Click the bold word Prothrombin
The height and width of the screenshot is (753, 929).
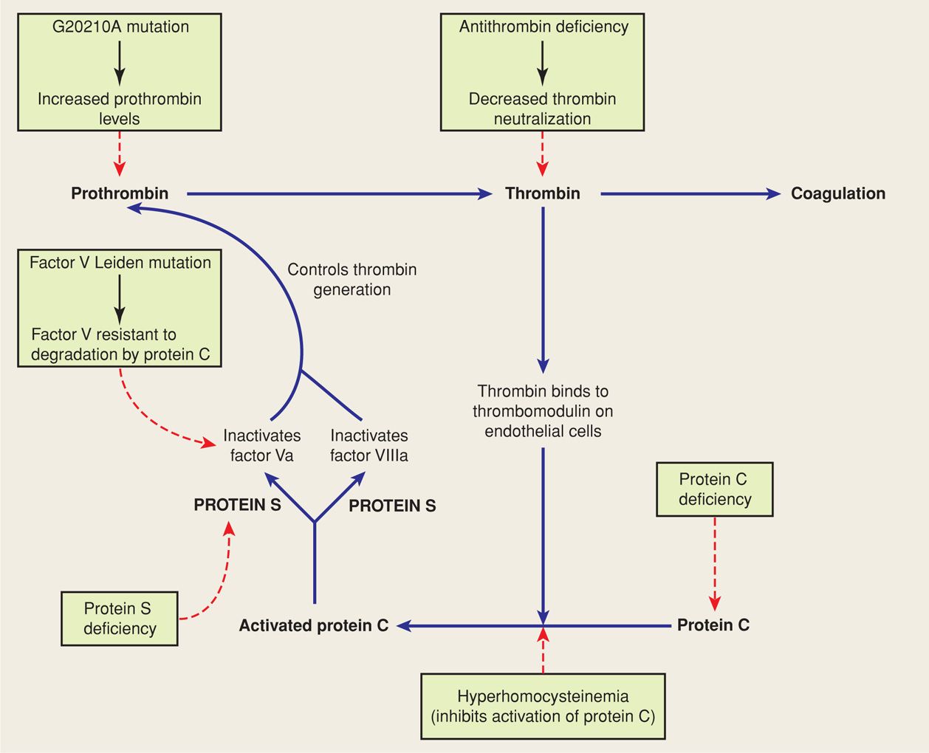(120, 193)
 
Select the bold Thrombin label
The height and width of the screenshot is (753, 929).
(542, 193)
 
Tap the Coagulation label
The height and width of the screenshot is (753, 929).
(837, 193)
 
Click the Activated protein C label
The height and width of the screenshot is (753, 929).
(313, 625)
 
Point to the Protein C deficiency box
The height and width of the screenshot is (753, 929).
(714, 489)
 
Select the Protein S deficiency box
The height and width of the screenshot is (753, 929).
(120, 619)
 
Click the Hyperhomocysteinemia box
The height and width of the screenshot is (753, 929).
(543, 706)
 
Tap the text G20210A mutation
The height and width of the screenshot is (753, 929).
(120, 27)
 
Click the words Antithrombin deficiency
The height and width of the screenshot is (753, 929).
(544, 27)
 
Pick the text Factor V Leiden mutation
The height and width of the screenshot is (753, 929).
(120, 263)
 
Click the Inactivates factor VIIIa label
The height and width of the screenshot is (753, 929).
(368, 446)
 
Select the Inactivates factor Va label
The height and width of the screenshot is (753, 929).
(261, 446)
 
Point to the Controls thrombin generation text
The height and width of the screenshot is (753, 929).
(352, 280)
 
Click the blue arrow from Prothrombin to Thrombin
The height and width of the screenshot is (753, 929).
(340, 194)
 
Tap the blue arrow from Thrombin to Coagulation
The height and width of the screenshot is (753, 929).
(690, 194)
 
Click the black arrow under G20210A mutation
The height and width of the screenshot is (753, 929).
(120, 63)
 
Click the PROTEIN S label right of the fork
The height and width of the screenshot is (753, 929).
(392, 506)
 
